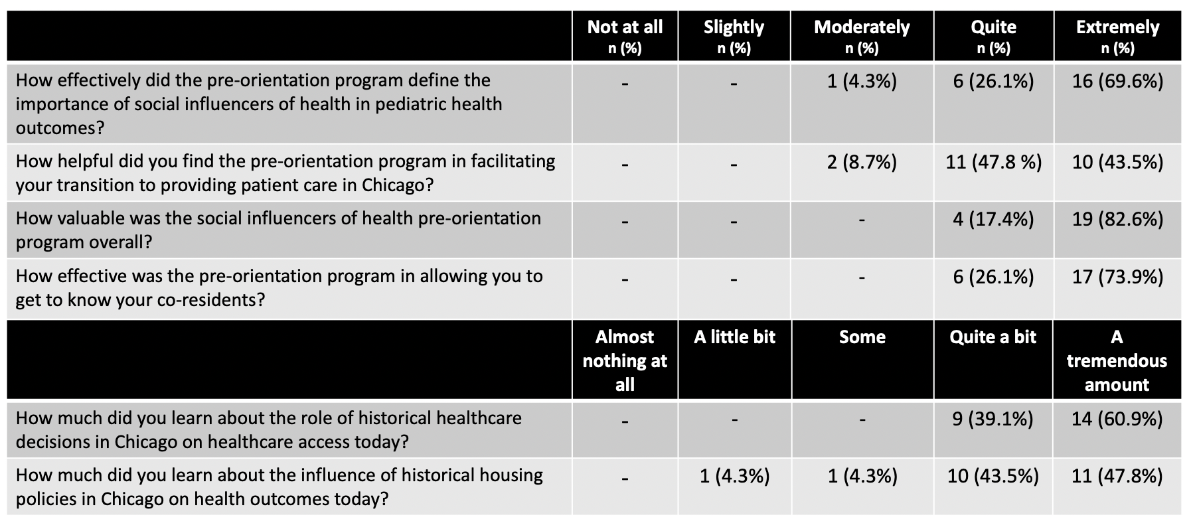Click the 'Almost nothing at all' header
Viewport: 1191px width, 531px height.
[625, 360]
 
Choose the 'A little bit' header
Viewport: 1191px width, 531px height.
[734, 337]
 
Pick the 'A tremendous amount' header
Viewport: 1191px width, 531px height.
[1117, 360]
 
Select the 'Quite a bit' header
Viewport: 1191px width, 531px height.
[992, 337]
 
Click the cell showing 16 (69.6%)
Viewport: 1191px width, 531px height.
[1117, 82]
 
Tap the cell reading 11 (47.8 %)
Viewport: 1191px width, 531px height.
[993, 163]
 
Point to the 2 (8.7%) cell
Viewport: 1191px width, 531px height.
[862, 163]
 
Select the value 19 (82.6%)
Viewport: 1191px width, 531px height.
[1117, 220]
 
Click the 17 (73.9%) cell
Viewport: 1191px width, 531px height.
[1117, 277]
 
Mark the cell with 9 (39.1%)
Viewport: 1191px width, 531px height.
[992, 419]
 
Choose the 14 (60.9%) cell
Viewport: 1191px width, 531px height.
[1117, 419]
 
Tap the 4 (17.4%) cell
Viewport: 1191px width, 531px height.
[993, 220]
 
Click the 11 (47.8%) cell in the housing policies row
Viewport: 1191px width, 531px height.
[1117, 477]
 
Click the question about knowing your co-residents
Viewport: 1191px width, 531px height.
[279, 288]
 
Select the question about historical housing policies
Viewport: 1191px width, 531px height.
[279, 487]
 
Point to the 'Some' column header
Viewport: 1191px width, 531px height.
[862, 337]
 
